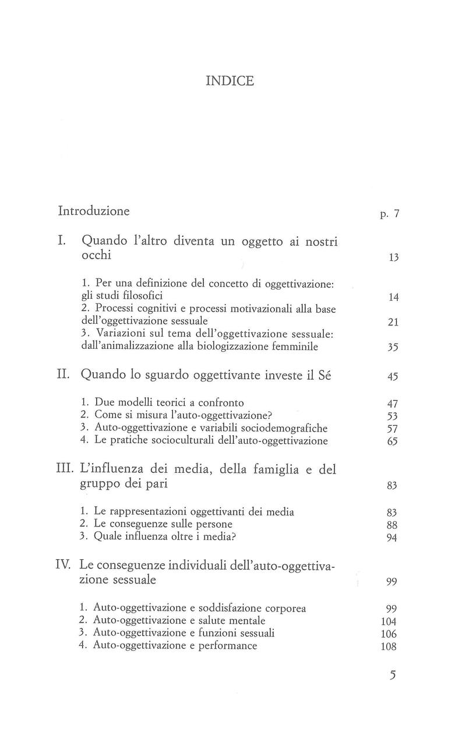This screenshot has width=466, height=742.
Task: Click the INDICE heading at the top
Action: coord(230,81)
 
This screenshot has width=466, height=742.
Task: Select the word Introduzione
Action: coord(94,210)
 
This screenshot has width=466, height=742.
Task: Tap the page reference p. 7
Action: coord(389,214)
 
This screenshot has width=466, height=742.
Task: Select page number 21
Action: coord(391,322)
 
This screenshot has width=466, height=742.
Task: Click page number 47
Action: coord(391,403)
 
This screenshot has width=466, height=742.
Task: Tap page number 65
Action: coord(391,441)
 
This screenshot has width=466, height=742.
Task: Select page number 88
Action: coord(391,525)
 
